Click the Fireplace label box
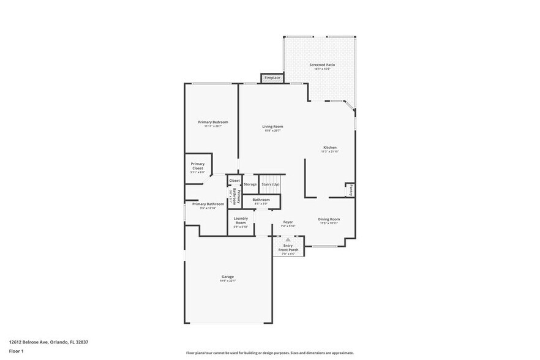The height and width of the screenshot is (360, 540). coord(272,78)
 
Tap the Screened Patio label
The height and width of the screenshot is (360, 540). coord(321,65)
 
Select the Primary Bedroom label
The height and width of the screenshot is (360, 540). coord(212,122)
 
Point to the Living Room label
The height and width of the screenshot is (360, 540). coord(272,127)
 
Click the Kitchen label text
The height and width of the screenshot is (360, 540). coord(330,148)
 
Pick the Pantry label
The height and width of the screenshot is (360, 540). coord(351,191)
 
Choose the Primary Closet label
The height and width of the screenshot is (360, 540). coord(197,164)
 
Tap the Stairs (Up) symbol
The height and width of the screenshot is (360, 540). coord(270,184)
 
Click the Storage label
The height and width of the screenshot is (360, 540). coord(250,184)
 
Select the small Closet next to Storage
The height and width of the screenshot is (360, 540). coord(234,181)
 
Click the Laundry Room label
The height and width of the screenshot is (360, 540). coord(240,220)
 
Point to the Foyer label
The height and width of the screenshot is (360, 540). coord(288,222)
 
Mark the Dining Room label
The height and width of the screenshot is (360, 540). coord(328,219)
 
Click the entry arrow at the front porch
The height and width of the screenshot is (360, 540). coord(288,240)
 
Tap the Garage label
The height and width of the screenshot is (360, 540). coord(227,277)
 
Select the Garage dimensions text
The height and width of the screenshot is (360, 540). coord(227,281)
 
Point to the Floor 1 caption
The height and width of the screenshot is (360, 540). coord(16,351)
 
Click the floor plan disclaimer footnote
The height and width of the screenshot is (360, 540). coord(269,353)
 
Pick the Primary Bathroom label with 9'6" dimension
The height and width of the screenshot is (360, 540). coord(208,204)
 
